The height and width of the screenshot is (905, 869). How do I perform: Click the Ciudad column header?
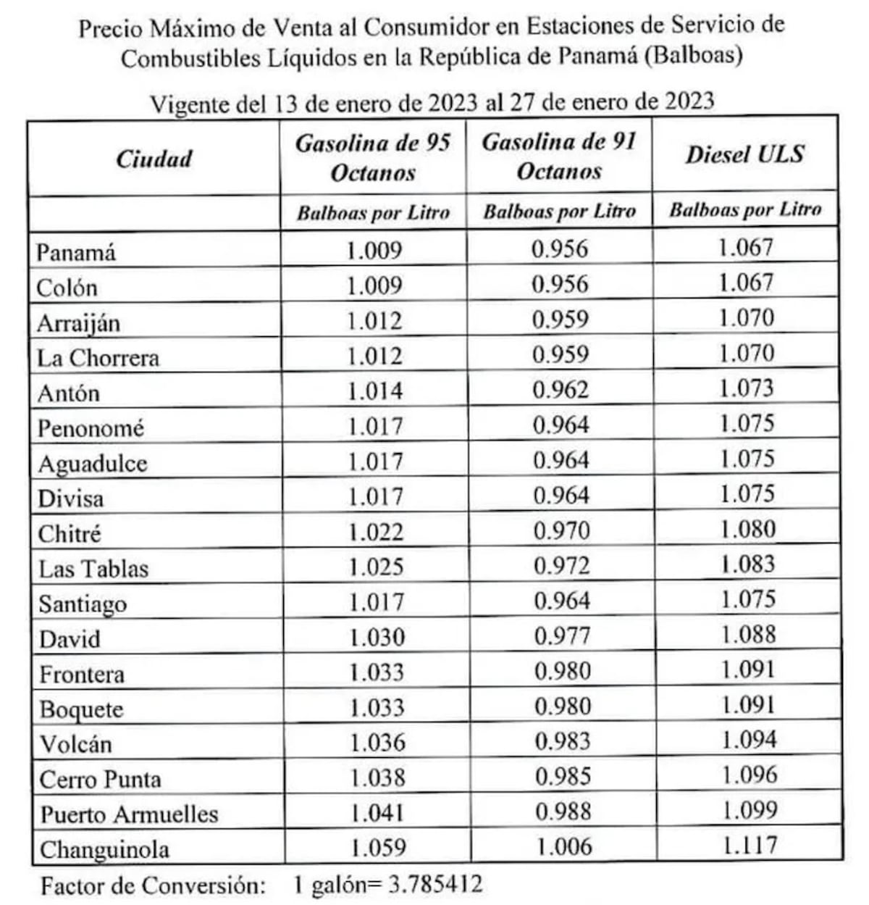(154, 158)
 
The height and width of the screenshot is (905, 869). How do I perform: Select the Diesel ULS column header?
(744, 154)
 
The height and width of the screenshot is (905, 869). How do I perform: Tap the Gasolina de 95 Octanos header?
(372, 157)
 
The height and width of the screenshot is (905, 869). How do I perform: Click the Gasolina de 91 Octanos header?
(558, 156)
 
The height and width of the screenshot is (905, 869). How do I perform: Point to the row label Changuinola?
(104, 849)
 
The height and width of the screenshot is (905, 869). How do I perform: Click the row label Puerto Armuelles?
(129, 814)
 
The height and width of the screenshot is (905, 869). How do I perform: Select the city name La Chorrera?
(98, 357)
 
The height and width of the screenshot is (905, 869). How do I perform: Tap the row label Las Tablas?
(93, 569)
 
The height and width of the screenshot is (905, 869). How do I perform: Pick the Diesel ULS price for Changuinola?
(750, 845)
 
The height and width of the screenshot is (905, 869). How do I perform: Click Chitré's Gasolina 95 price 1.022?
(375, 533)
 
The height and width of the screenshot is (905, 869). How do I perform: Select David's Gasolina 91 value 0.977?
(562, 636)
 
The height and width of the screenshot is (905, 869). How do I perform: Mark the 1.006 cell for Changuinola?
(563, 846)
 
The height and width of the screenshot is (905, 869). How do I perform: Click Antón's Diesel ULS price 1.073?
(746, 388)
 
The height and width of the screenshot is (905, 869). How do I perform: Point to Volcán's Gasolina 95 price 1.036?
(377, 743)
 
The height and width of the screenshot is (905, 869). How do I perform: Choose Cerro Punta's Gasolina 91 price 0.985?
(563, 776)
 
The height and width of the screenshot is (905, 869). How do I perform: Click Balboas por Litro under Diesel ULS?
(744, 210)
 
